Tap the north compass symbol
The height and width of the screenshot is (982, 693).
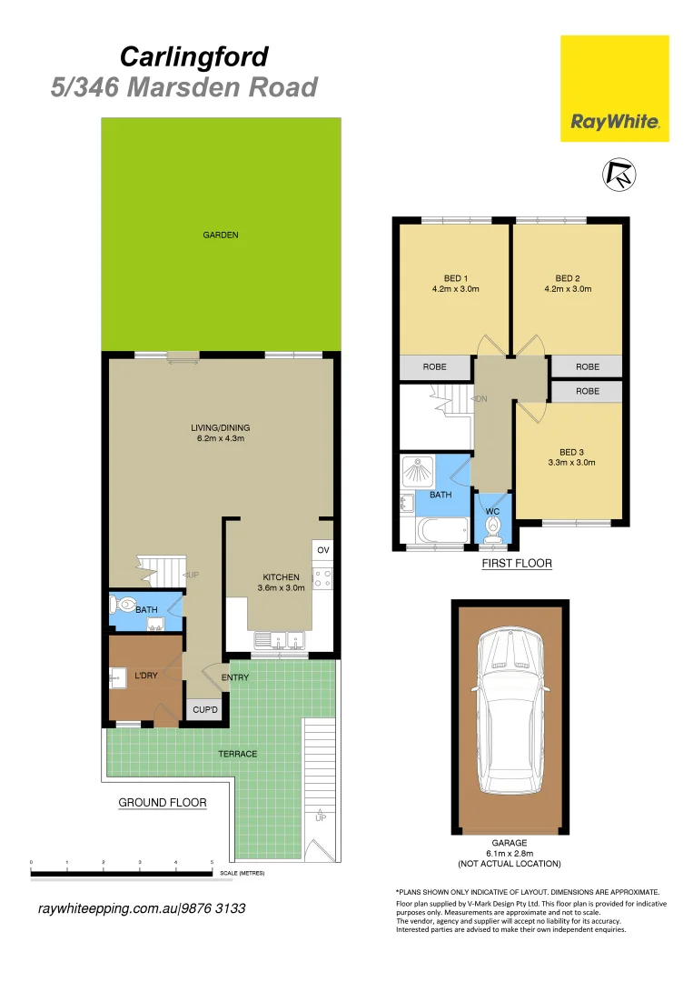(620, 175)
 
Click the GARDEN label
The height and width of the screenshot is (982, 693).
(221, 235)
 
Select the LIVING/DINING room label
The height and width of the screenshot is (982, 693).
(221, 427)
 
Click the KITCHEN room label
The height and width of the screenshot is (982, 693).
(281, 577)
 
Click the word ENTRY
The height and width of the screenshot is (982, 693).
(235, 676)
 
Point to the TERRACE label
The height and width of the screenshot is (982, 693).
(237, 754)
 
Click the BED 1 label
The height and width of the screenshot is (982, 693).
(455, 278)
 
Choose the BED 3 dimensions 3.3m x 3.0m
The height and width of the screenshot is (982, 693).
(571, 462)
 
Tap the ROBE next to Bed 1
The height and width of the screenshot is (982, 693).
(435, 367)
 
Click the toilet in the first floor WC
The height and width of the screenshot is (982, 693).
(492, 531)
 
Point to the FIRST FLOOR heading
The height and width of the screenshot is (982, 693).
(516, 564)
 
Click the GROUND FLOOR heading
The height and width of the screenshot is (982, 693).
(163, 803)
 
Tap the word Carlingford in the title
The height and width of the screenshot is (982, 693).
(194, 57)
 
